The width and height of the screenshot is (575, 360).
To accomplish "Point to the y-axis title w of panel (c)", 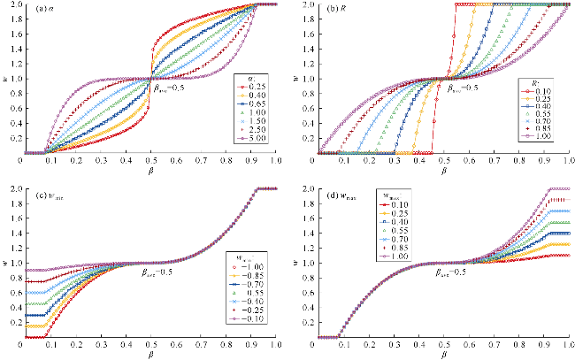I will pyautogui.click(x=7, y=262).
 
